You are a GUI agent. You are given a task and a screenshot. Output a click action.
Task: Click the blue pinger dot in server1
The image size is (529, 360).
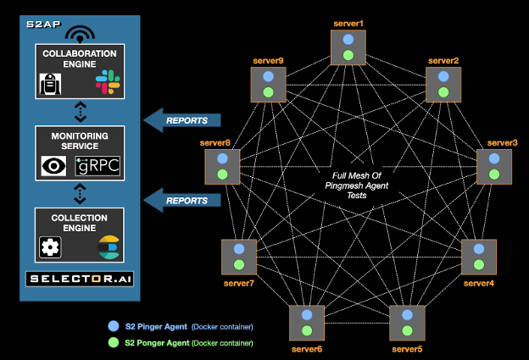(348, 39)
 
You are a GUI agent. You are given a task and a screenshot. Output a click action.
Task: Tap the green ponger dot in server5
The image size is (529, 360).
(407, 331)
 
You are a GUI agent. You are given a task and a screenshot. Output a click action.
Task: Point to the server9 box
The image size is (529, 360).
(267, 85)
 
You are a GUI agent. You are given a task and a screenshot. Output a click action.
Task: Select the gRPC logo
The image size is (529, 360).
(99, 165)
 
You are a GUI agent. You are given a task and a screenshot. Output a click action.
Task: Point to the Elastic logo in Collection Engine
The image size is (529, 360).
(108, 247)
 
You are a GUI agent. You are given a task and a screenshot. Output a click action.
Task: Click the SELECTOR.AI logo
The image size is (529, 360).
(77, 279)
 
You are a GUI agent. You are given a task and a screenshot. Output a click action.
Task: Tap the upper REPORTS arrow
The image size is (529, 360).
(181, 120)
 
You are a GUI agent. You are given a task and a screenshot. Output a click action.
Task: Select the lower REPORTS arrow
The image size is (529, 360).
(181, 201)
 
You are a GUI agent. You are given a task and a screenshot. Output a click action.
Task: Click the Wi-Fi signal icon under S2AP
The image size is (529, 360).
(80, 35)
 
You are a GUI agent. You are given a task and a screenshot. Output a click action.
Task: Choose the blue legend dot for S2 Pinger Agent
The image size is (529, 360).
(114, 325)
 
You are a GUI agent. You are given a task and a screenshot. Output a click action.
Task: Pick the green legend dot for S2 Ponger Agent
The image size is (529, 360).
(114, 342)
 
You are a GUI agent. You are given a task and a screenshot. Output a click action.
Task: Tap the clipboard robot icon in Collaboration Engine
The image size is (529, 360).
(50, 83)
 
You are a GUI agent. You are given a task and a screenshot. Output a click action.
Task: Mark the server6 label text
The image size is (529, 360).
(307, 348)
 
